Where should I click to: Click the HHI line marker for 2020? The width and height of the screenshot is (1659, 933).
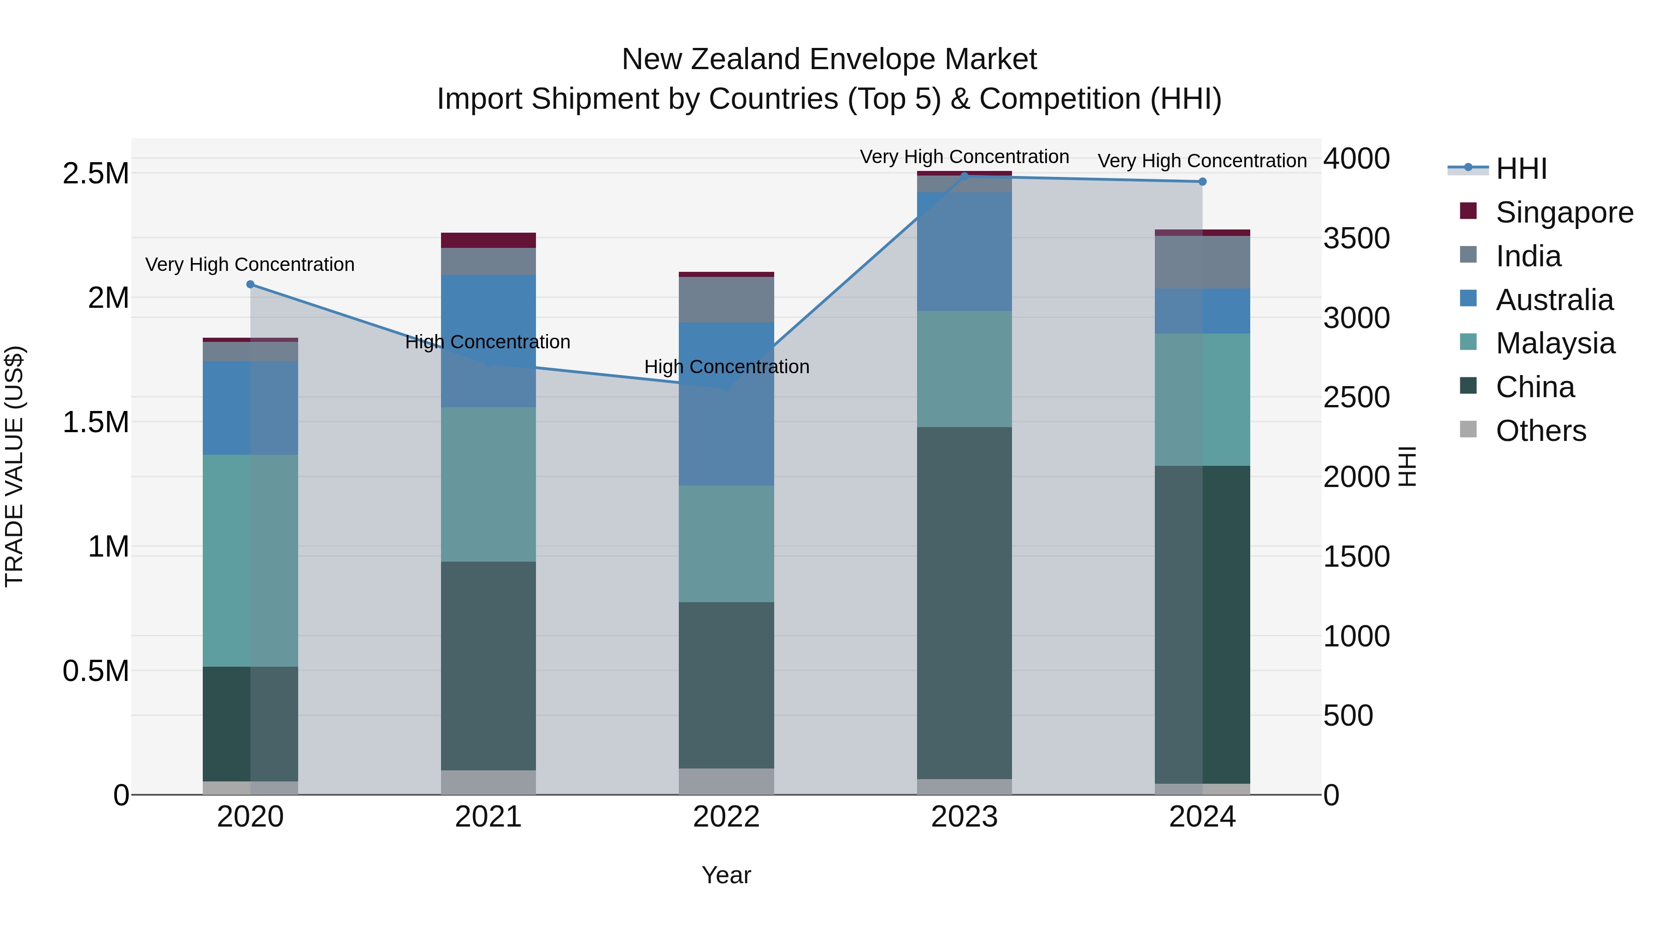click(251, 284)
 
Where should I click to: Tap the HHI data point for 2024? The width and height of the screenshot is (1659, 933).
click(1202, 182)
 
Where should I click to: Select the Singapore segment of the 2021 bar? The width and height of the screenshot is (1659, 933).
click(488, 240)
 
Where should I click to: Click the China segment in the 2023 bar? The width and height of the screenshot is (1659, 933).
click(964, 603)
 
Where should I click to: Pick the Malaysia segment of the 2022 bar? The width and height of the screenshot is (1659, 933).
click(726, 544)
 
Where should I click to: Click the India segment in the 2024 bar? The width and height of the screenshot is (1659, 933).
click(1202, 262)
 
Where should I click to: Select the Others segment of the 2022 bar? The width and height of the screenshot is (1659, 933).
click(726, 781)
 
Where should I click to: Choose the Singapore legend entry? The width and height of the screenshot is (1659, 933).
click(1564, 212)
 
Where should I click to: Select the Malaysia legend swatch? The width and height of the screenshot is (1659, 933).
click(1468, 342)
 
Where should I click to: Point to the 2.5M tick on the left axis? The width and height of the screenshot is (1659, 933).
click(95, 173)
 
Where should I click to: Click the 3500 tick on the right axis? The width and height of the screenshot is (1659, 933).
click(1356, 238)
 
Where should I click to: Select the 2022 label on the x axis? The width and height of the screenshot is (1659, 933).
click(726, 817)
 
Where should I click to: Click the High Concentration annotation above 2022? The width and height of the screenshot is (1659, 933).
click(726, 366)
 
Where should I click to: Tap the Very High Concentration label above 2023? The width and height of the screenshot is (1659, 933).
click(964, 157)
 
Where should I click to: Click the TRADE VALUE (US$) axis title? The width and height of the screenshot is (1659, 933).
click(14, 466)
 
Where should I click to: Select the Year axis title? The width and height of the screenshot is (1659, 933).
click(726, 875)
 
